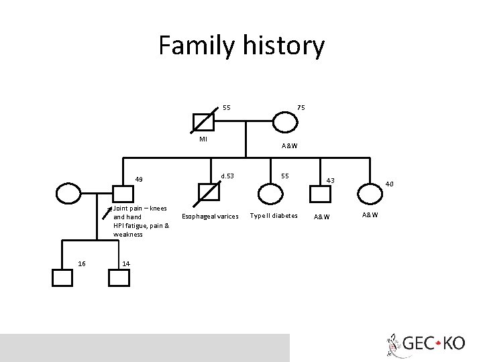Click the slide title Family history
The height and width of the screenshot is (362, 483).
(x=241, y=46)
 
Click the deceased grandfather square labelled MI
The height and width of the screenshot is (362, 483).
(x=203, y=122)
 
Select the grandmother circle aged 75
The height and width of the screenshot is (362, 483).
(x=284, y=122)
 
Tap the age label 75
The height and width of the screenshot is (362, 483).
(x=301, y=108)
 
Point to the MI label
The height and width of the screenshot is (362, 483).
(x=203, y=139)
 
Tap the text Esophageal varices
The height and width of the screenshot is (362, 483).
(x=210, y=217)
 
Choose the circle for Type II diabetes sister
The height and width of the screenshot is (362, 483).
(x=272, y=194)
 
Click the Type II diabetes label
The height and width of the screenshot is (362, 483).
(x=274, y=216)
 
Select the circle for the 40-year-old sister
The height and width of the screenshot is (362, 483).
(x=370, y=194)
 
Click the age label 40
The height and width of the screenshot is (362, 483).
(x=389, y=184)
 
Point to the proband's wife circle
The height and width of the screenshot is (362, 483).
(x=68, y=194)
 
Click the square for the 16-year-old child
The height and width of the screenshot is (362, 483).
(x=62, y=277)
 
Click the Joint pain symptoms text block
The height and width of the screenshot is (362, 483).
(x=141, y=221)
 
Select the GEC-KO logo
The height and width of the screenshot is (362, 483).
(x=425, y=343)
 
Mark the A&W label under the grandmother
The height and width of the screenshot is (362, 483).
(x=290, y=146)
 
